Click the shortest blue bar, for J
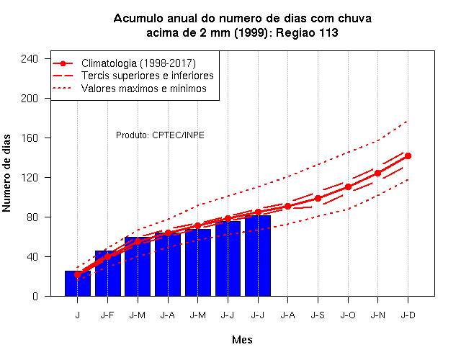coord(78,283)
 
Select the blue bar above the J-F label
coord(108,274)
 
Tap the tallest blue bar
coord(258,256)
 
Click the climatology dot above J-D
coord(408,156)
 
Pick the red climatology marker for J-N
coord(377,174)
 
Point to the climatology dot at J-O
coord(348,187)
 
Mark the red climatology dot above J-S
coord(318,199)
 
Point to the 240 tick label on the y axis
coord(30,59)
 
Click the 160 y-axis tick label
coord(30,138)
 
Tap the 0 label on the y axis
coord(35,296)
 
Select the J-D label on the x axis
coord(408,315)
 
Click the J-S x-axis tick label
coord(318,315)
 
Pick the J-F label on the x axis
coord(107,315)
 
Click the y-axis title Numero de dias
coord(6,173)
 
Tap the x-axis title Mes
coord(242,340)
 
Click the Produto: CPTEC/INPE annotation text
coord(160,135)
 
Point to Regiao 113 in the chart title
coord(307,32)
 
